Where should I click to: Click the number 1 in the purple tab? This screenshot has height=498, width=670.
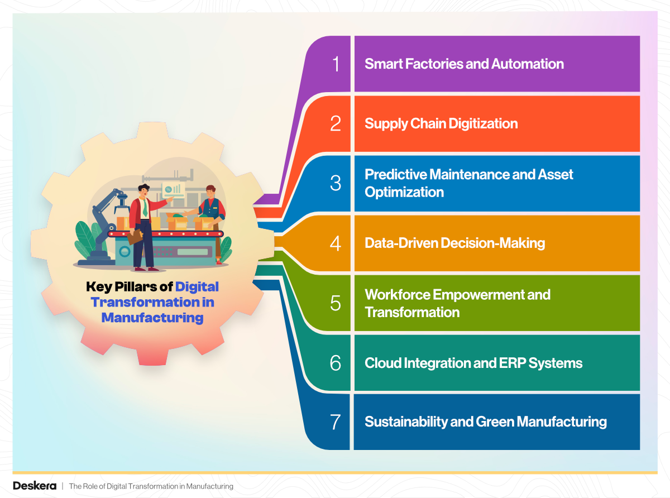(335, 64)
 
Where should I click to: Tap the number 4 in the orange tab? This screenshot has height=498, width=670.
(335, 243)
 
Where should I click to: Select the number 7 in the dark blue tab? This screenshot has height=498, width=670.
(335, 422)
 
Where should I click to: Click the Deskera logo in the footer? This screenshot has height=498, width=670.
(34, 486)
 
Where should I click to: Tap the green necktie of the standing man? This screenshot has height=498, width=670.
(145, 208)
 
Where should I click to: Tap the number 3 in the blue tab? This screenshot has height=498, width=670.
(335, 183)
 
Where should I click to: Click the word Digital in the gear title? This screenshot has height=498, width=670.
(197, 287)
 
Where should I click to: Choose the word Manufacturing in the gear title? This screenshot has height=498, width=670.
(152, 318)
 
